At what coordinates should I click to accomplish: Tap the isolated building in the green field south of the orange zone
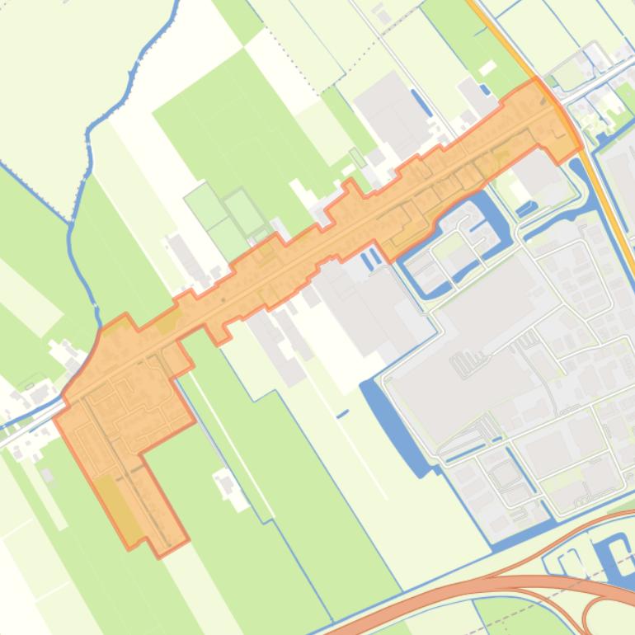pyautogui.click(x=224, y=483)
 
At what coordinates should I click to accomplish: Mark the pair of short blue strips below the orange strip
pyautogui.click(x=370, y=259)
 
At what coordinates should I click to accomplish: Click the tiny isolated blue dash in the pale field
pyautogui.click(x=342, y=412)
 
